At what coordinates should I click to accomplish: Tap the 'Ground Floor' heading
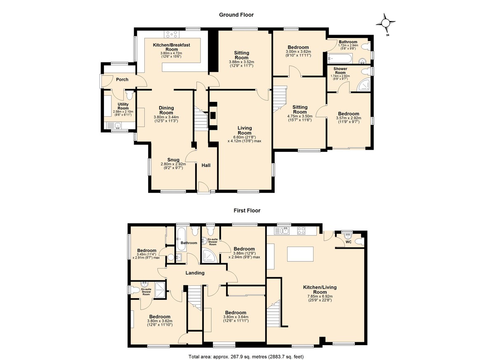[x=236, y=15]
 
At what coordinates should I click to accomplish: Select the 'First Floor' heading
[x=247, y=210]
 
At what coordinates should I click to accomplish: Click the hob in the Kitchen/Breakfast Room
[x=172, y=34]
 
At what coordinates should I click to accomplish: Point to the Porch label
[x=122, y=80]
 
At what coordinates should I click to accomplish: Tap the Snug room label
[x=173, y=160]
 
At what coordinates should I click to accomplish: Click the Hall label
[x=206, y=165]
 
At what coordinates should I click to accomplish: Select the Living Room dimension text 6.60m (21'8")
[x=244, y=137]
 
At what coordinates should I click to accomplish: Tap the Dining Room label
[x=166, y=110]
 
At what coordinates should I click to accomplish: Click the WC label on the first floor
[x=349, y=242]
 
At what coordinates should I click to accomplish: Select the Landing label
[x=195, y=273]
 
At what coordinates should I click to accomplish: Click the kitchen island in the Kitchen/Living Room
[x=300, y=254]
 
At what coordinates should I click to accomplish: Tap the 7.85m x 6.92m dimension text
[x=320, y=296]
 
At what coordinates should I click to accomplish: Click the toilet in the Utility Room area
[x=129, y=95]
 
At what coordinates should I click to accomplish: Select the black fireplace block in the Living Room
[x=213, y=115]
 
